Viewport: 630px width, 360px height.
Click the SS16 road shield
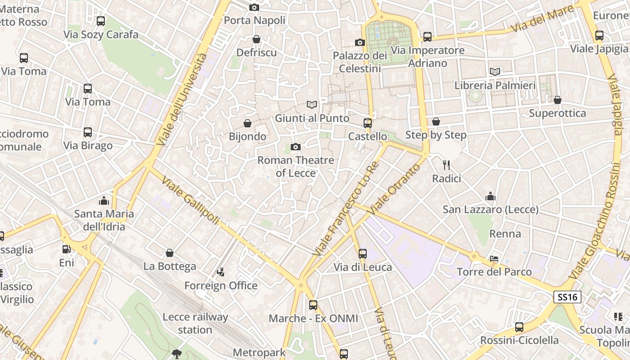click(x=567, y=297)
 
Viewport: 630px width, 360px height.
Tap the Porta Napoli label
click(x=255, y=20)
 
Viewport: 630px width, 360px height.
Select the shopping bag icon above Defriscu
click(x=256, y=40)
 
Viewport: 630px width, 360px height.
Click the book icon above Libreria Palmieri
click(x=495, y=72)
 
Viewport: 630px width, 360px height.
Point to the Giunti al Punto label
click(x=312, y=118)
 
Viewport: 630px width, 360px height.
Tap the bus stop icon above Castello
click(x=368, y=123)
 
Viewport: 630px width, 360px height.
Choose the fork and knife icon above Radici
click(x=446, y=165)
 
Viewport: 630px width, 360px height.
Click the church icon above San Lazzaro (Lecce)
click(x=490, y=196)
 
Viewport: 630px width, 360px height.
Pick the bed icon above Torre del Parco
click(x=494, y=259)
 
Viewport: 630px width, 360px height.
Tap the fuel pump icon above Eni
click(x=67, y=249)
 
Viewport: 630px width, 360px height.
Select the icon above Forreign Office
click(x=220, y=272)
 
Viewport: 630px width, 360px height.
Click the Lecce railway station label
click(x=195, y=323)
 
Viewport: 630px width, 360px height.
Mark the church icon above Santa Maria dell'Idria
click(x=104, y=200)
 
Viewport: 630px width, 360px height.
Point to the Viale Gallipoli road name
click(x=190, y=201)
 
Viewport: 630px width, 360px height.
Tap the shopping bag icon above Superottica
click(x=557, y=100)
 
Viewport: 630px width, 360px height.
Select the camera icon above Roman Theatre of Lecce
click(x=296, y=147)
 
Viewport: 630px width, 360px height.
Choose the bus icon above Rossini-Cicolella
click(x=519, y=327)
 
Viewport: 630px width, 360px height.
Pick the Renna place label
click(x=505, y=234)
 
